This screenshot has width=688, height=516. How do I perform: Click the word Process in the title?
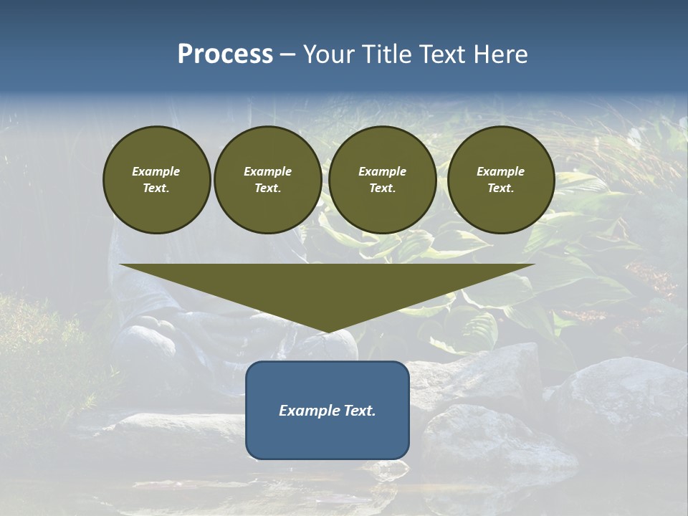tap(225, 54)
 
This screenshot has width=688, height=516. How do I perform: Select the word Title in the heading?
tap(385, 54)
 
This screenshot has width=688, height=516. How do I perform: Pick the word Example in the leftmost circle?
tap(156, 171)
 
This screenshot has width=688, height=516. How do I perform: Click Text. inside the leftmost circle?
tap(156, 188)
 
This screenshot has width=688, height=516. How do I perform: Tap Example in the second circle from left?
tap(267, 171)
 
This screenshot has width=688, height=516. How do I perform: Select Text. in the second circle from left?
tap(267, 188)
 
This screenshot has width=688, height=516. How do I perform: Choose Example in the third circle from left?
tap(382, 171)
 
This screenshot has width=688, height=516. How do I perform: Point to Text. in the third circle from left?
tap(382, 188)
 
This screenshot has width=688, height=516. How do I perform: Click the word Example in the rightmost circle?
tap(500, 171)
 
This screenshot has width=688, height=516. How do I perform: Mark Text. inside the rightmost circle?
tap(500, 188)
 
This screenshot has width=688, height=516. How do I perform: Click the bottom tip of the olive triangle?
tap(328, 331)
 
